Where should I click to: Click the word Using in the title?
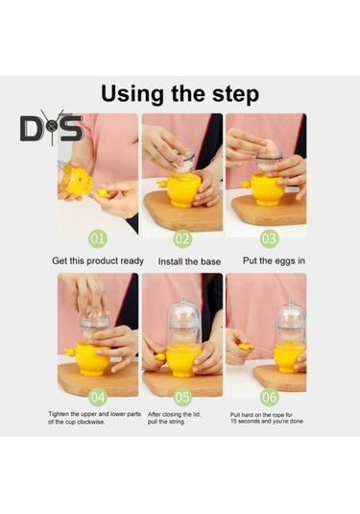click(x=133, y=94)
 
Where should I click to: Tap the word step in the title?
click(x=235, y=95)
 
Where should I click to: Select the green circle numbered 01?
click(x=98, y=238)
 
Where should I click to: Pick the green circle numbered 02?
click(x=182, y=238)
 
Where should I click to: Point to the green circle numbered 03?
click(x=269, y=238)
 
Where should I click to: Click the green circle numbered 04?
click(x=98, y=398)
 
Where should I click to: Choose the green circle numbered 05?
click(x=182, y=398)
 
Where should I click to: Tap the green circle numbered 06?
click(x=269, y=398)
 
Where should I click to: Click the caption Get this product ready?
click(x=98, y=261)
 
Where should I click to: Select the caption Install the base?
click(x=189, y=261)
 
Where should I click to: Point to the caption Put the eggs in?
click(x=274, y=261)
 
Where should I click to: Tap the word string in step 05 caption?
click(x=177, y=422)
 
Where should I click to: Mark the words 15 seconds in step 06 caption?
click(x=246, y=421)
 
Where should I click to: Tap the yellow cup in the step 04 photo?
click(x=94, y=358)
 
